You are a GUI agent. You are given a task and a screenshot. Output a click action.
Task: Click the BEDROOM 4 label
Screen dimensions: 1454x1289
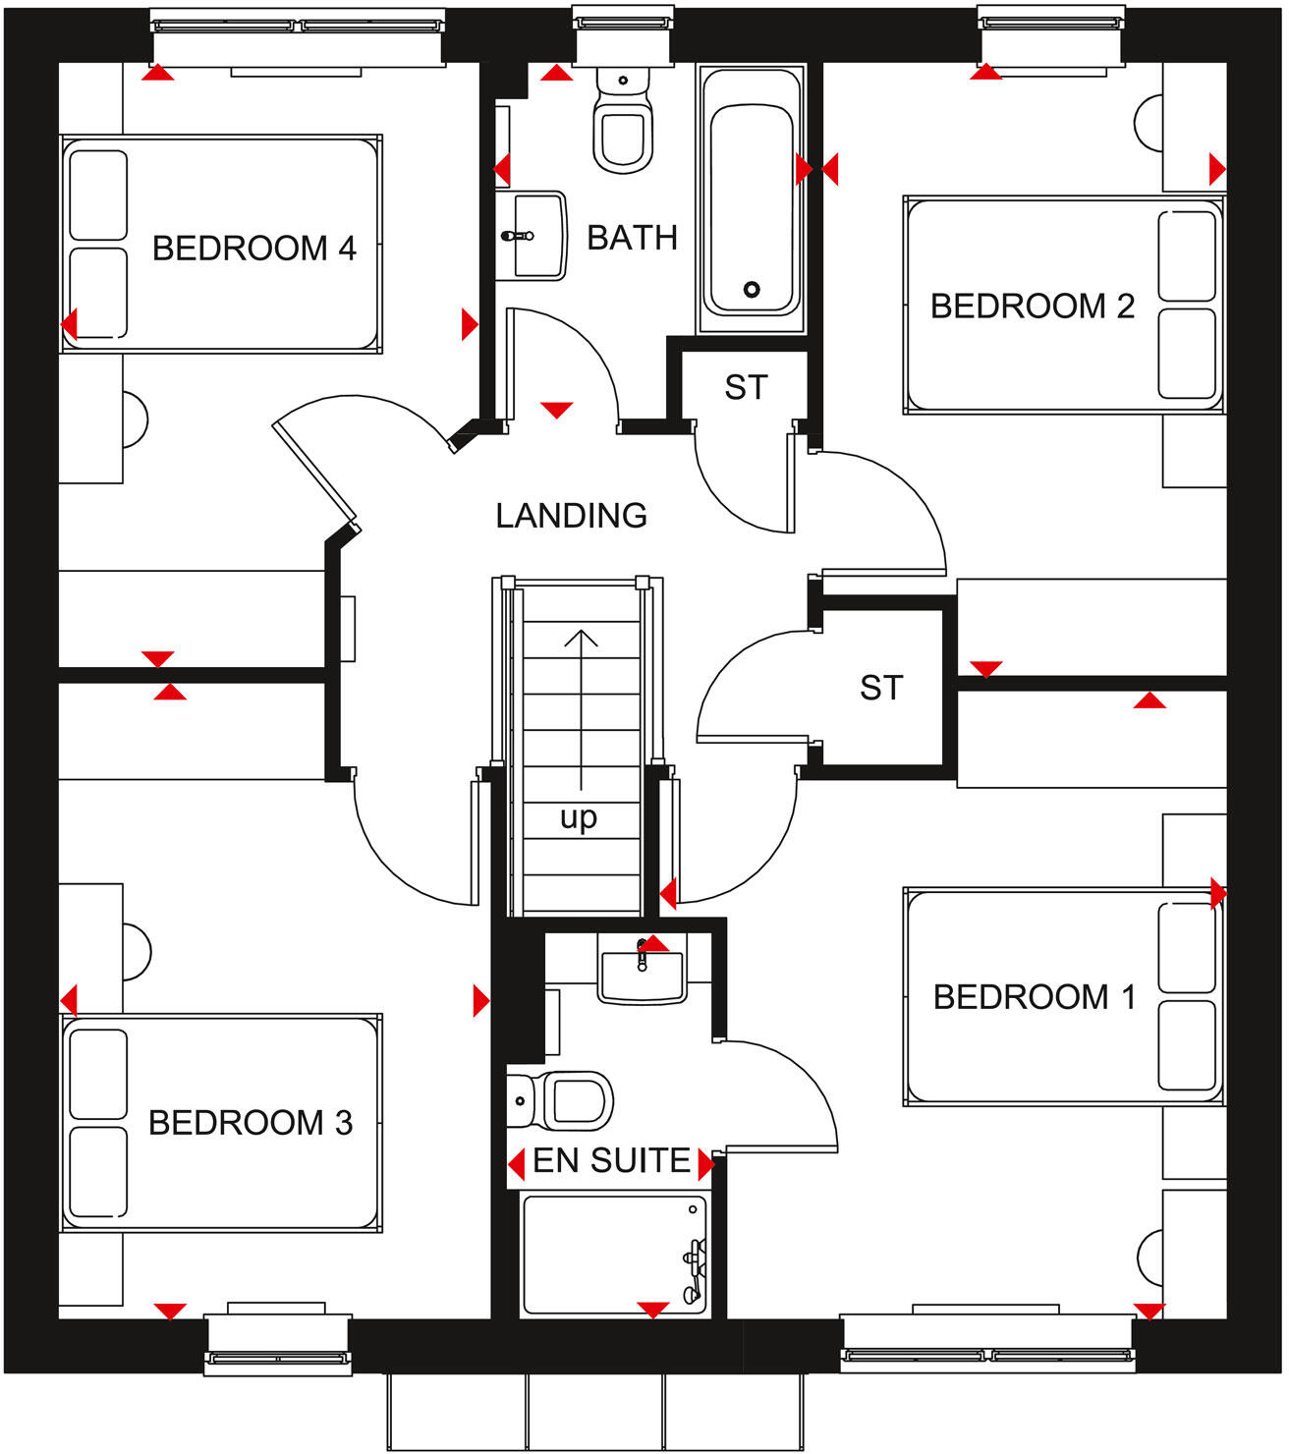[253, 249]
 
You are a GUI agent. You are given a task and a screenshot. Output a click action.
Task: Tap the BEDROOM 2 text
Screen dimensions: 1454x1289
[1033, 307]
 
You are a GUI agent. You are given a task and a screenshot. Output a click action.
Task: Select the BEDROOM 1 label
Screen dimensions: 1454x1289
[1035, 997]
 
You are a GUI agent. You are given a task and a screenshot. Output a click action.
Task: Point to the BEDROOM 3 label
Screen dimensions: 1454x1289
[251, 1123]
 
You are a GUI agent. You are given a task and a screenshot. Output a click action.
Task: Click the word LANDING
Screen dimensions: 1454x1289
[571, 516]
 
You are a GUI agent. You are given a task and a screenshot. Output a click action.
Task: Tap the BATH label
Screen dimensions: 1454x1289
[632, 238]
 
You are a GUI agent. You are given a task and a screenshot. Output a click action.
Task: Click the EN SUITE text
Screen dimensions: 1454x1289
[611, 1161]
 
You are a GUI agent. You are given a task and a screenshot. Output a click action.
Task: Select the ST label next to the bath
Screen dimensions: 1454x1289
[746, 388]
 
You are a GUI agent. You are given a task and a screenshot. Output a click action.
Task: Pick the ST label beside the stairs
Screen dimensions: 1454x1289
[880, 688]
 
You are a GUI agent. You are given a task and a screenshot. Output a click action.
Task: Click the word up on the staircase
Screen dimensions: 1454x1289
[579, 817]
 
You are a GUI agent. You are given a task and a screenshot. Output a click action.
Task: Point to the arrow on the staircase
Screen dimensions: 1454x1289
[581, 707]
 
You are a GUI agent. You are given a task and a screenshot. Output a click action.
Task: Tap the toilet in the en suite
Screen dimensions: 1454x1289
[564, 1100]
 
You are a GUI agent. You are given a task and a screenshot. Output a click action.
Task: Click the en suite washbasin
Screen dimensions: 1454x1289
[642, 971]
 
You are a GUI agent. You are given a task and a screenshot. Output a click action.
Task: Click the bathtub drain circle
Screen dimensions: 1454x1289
[752, 289]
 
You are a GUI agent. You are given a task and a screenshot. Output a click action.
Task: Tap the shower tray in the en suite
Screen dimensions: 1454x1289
[614, 1253]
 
